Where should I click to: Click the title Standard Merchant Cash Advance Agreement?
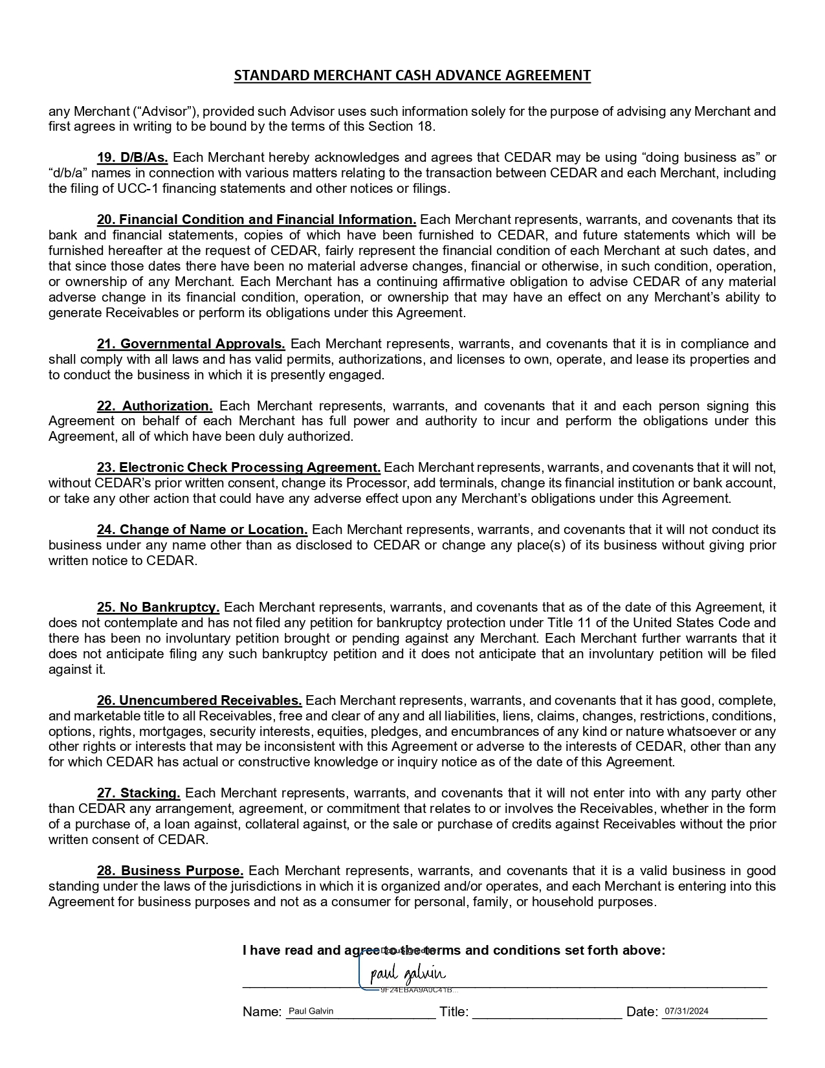click(412, 75)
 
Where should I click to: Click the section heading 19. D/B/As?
click(133, 157)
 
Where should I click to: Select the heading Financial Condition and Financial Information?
click(257, 219)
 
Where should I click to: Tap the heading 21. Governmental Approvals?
click(191, 344)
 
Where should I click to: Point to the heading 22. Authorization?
click(155, 406)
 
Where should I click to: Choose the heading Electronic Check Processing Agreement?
click(239, 467)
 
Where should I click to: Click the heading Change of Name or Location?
click(203, 529)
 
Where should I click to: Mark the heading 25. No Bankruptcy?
click(159, 607)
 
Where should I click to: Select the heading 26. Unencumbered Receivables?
click(199, 700)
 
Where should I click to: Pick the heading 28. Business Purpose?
click(170, 871)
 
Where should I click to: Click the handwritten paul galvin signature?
click(408, 974)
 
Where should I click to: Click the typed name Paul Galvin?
click(311, 1011)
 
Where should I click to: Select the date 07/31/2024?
click(687, 1011)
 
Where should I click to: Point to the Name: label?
click(262, 1012)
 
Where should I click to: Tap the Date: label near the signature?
click(642, 1012)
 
